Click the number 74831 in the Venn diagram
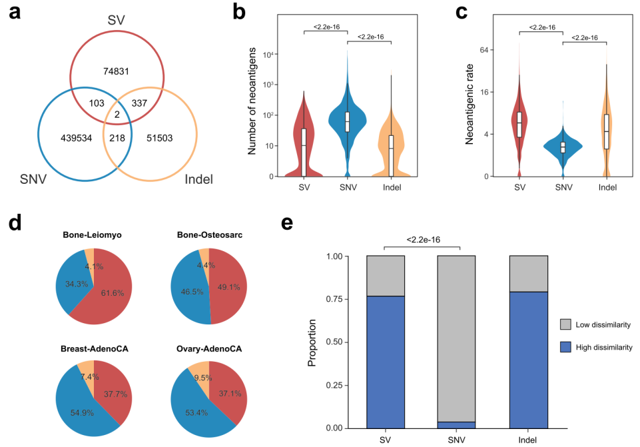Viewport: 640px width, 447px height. pyautogui.click(x=117, y=71)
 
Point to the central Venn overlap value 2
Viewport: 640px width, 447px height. pyautogui.click(x=117, y=115)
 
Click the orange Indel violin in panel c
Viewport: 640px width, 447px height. pyautogui.click(x=606, y=127)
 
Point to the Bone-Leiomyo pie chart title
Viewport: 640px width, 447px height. pyautogui.click(x=93, y=235)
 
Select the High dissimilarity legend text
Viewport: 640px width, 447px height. pyautogui.click(x=603, y=347)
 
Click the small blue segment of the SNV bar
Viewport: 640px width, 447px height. pyautogui.click(x=456, y=424)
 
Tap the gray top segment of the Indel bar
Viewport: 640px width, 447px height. pyautogui.click(x=527, y=274)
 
